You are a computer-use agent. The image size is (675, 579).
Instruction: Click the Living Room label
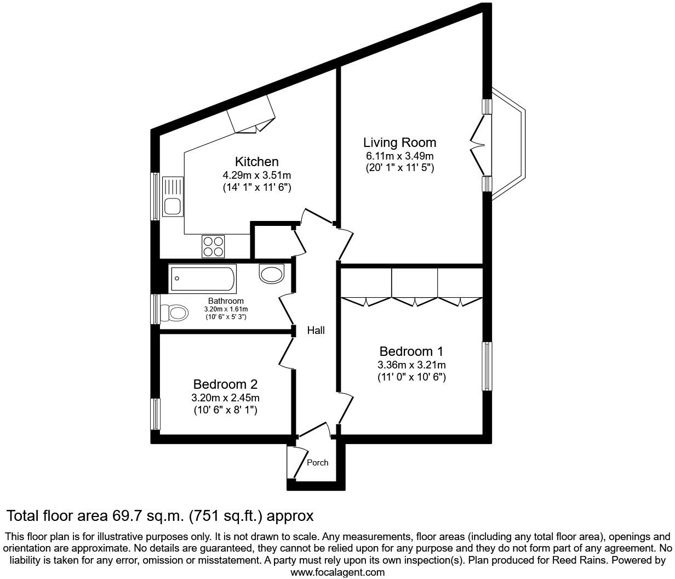click(x=399, y=143)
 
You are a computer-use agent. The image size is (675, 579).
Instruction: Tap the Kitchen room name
click(x=256, y=162)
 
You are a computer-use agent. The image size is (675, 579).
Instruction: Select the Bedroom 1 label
click(x=411, y=351)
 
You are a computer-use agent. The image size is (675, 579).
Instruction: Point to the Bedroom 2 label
click(x=225, y=384)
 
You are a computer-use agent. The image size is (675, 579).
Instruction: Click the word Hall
click(x=316, y=330)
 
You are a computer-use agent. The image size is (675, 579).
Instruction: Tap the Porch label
click(x=317, y=462)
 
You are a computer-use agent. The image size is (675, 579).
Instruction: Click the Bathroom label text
click(x=226, y=301)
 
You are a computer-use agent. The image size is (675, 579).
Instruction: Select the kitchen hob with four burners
click(x=213, y=246)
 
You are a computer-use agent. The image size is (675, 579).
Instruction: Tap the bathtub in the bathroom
click(x=203, y=279)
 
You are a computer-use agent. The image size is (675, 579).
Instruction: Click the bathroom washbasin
click(x=272, y=273)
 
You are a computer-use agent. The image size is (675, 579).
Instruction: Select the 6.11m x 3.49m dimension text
click(x=399, y=156)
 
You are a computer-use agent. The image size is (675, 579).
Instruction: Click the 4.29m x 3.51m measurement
click(x=256, y=175)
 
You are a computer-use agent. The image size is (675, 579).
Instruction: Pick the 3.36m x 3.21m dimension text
click(x=411, y=365)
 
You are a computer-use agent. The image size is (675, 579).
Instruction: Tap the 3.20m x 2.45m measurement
click(x=225, y=398)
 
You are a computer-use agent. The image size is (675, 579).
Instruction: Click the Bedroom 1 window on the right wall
click(x=487, y=366)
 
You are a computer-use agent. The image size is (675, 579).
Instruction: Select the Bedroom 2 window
click(x=156, y=414)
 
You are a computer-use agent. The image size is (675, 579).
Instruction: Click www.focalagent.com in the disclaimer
click(x=337, y=572)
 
